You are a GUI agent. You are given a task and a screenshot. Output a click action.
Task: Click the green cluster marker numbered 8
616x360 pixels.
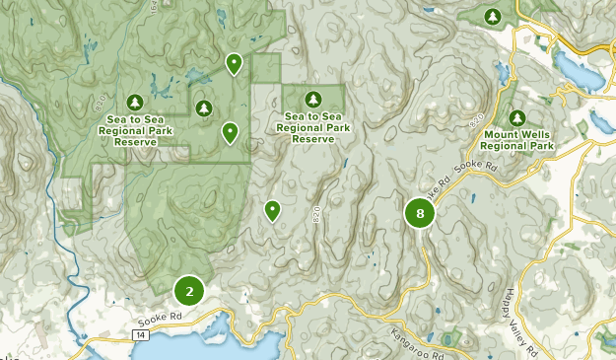(x=420, y=213)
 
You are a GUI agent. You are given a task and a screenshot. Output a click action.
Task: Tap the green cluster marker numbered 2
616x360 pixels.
(x=188, y=291)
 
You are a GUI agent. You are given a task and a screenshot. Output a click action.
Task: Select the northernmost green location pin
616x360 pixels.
(x=234, y=64)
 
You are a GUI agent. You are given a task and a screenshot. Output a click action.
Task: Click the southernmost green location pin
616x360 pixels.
(x=272, y=209)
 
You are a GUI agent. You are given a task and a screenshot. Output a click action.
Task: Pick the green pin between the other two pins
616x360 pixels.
(x=230, y=131)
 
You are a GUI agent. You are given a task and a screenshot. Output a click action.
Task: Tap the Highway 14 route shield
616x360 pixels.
(x=143, y=336)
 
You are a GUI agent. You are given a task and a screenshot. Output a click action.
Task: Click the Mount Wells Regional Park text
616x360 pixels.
(x=518, y=139)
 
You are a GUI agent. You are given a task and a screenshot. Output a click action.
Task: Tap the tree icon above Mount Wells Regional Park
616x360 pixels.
(x=518, y=118)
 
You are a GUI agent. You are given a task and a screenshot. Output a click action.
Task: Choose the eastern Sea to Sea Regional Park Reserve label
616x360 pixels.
(x=313, y=127)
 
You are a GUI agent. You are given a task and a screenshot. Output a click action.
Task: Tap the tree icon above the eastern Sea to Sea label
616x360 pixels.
(x=313, y=99)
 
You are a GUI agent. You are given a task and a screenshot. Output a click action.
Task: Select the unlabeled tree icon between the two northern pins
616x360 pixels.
(x=204, y=108)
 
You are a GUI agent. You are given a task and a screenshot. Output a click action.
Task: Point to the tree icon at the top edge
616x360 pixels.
(x=494, y=16)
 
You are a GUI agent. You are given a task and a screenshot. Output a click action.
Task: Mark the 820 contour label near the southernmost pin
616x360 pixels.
(x=316, y=212)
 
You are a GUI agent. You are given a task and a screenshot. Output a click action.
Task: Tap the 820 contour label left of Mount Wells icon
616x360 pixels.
(x=477, y=118)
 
